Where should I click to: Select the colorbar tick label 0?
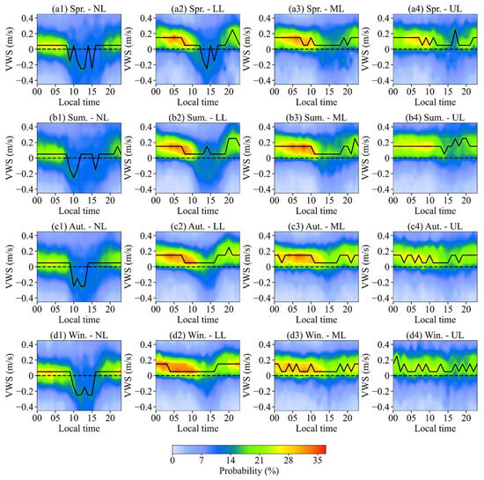pyautogui.click(x=172, y=460)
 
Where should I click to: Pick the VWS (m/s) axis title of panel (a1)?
pyautogui.click(x=7, y=49)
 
